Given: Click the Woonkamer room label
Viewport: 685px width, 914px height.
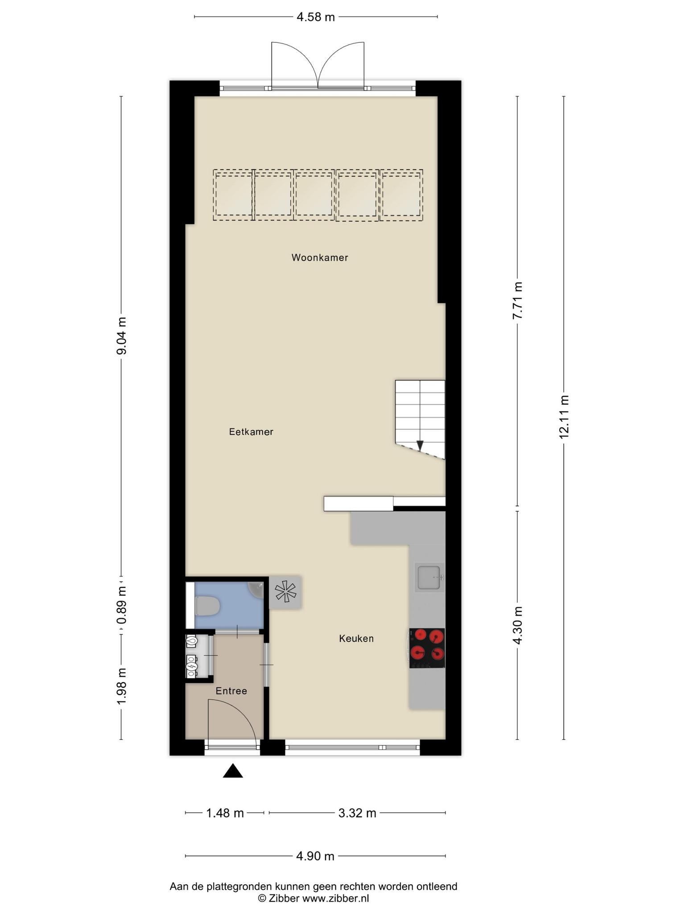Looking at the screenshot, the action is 320,258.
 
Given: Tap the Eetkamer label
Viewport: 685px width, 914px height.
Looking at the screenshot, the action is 251,432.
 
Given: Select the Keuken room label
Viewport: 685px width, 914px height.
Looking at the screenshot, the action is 356,639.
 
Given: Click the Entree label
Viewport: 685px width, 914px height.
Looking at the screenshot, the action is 231,691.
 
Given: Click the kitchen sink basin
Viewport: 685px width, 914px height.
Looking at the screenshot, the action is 428,577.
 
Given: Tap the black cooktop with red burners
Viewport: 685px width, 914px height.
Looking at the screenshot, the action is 427,648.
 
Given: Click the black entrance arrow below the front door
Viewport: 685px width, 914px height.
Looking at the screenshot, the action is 233,771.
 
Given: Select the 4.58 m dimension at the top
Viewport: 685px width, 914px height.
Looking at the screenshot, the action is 316,17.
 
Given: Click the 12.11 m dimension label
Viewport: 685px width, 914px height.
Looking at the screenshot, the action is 564,417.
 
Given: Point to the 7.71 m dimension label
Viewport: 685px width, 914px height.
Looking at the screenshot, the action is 517,300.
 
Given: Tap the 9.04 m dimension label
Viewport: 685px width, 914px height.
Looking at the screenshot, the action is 121,336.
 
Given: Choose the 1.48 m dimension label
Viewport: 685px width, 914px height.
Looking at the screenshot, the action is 225,813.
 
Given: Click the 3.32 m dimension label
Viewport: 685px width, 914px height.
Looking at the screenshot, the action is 357,813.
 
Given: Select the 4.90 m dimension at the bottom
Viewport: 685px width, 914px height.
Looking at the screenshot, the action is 315,856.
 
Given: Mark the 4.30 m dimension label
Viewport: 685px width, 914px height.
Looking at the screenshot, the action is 517,626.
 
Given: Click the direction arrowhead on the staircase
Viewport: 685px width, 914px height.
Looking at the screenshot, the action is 420,445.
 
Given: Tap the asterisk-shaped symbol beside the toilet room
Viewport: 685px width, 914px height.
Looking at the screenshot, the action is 285,592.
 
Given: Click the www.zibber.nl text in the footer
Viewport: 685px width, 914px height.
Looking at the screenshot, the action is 335,898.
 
